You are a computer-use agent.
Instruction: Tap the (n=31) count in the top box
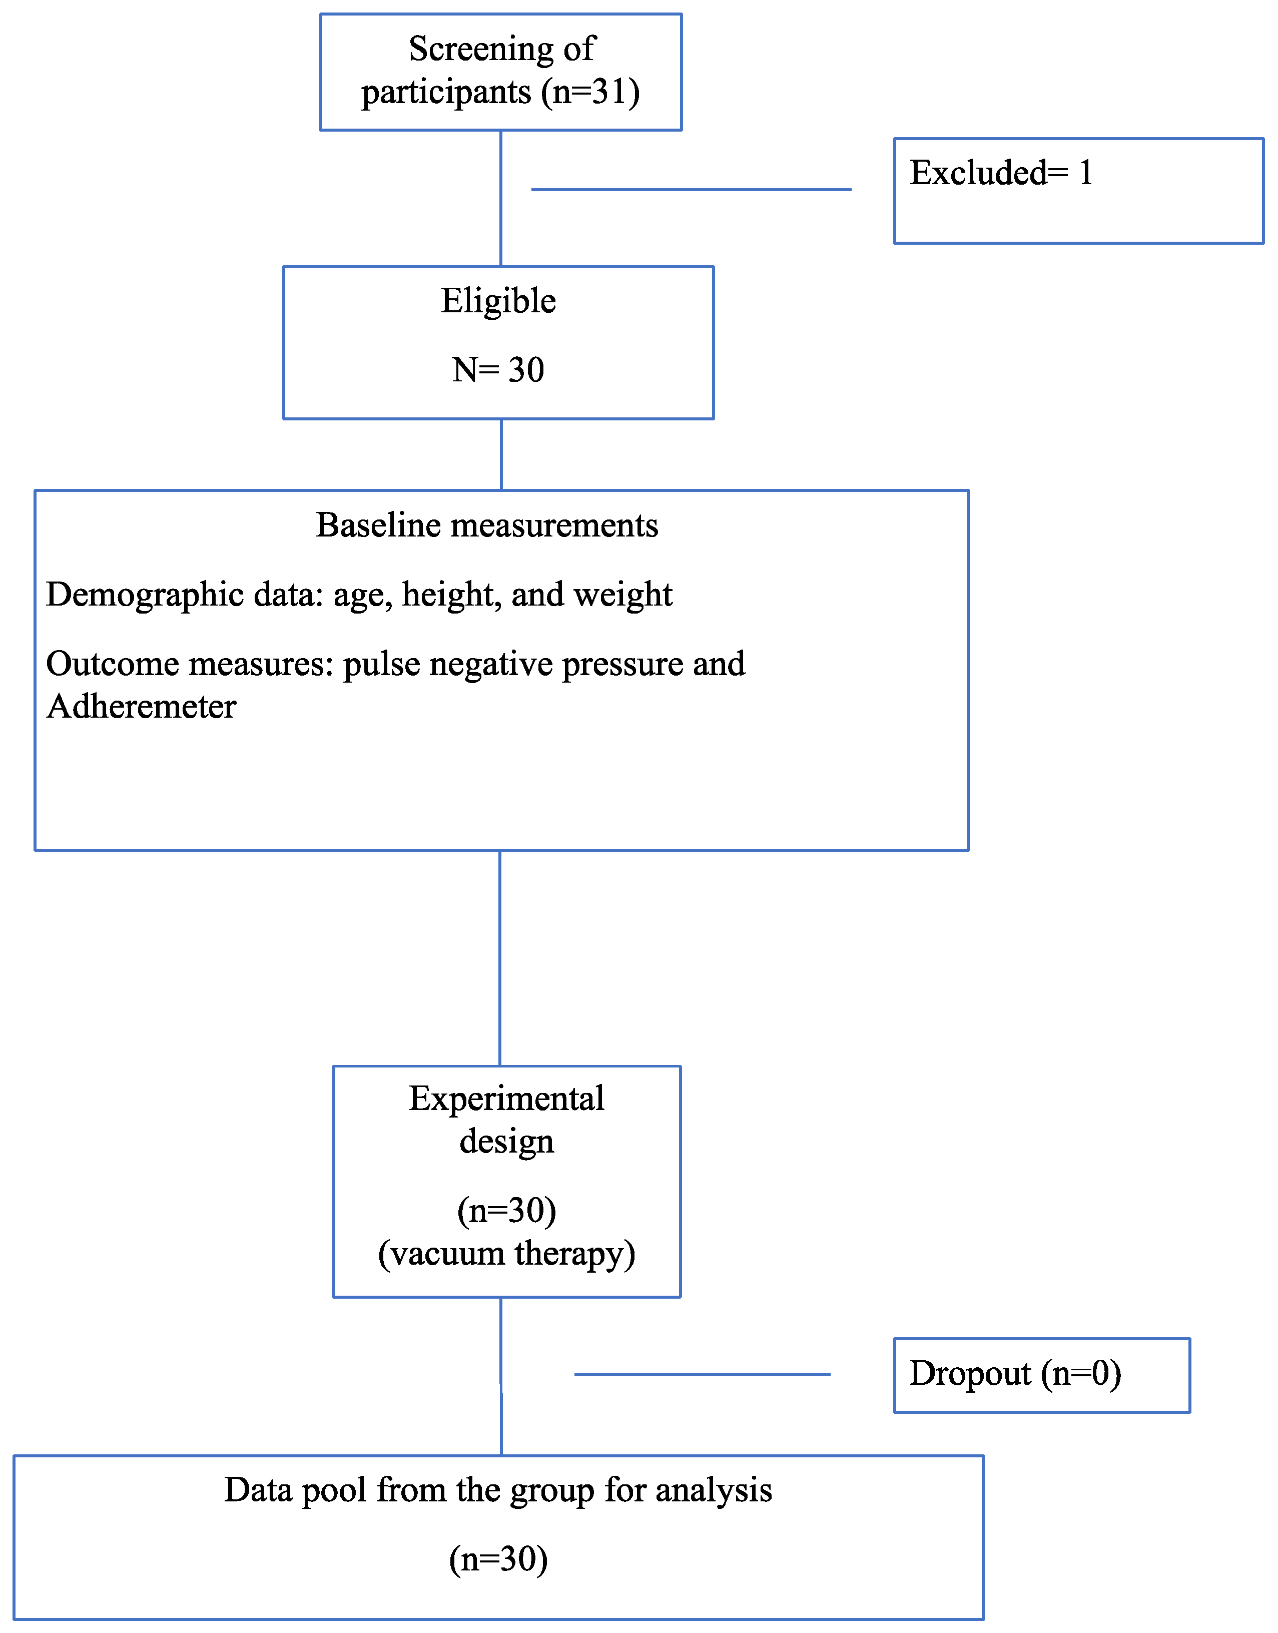pos(590,93)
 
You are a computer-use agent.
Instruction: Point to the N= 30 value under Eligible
pos(497,370)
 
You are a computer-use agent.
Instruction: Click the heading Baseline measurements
pos(486,525)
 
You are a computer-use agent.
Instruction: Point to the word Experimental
pos(506,1099)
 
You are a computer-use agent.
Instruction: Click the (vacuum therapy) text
pos(506,1254)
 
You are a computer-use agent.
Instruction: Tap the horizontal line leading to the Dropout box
pos(702,1374)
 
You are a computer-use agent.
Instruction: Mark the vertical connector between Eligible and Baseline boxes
pos(501,454)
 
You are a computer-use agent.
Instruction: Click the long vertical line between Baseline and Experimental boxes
pos(500,958)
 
